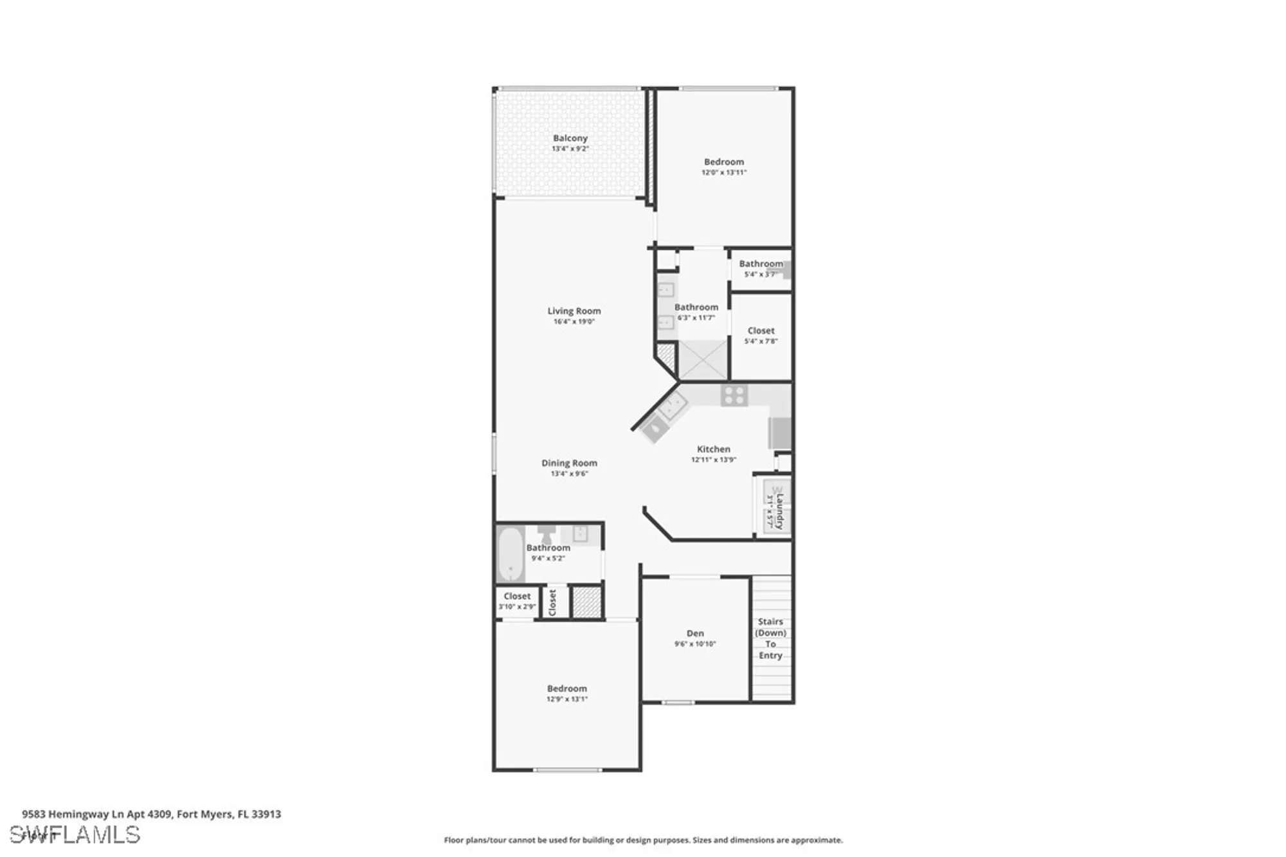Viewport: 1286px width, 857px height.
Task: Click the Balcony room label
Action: pos(570,138)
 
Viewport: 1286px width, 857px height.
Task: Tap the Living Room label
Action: pos(574,311)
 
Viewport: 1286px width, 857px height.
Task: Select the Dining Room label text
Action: pos(569,463)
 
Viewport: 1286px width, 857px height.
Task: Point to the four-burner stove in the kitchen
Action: pos(734,395)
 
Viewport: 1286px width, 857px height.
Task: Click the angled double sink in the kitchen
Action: pos(671,406)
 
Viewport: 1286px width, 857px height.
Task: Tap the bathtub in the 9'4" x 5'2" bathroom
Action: pos(511,554)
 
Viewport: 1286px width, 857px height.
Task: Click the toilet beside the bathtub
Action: pos(547,534)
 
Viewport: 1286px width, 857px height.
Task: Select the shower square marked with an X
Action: pos(703,361)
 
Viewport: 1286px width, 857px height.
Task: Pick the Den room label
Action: pos(695,633)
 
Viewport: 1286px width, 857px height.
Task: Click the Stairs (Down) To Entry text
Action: pos(770,638)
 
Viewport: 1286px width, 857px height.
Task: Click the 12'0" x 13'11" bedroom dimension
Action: pos(724,172)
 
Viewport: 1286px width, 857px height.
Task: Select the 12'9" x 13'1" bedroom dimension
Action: pos(567,699)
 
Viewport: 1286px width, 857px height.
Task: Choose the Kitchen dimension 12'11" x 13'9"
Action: pos(714,460)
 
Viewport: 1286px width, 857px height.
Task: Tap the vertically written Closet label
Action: pos(552,602)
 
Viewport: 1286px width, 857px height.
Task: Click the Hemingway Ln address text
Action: pos(152,814)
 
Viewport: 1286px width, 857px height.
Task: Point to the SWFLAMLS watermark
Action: pos(75,834)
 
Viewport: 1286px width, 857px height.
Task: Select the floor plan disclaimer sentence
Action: pos(643,840)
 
